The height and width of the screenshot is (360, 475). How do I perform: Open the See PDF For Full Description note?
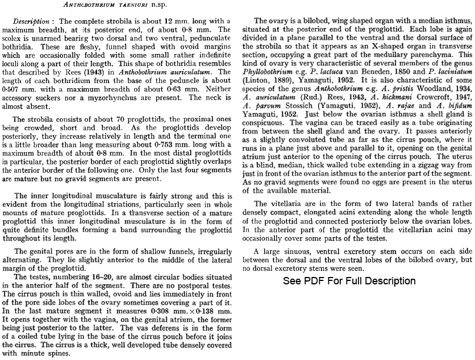349,281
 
